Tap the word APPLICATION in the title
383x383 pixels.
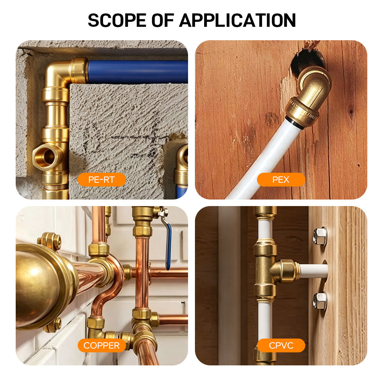[x=237, y=20]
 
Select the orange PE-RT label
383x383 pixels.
[x=101, y=180]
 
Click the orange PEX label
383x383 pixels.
[x=281, y=180]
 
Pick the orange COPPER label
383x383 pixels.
[x=101, y=345]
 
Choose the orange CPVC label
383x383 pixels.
[x=281, y=345]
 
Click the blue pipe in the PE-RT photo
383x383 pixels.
[x=138, y=72]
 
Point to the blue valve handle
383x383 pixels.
[x=168, y=247]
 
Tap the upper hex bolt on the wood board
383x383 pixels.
[x=320, y=236]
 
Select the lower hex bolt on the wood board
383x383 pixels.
[x=319, y=301]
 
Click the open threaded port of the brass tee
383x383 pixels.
[x=46, y=157]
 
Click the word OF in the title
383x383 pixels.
[x=163, y=20]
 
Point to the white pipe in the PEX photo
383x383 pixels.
[x=264, y=159]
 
